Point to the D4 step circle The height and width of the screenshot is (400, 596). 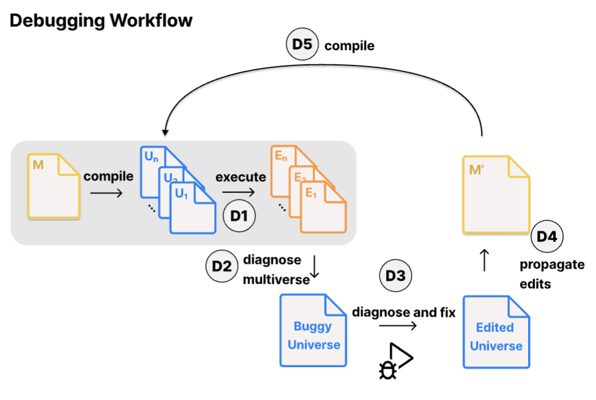click(547, 237)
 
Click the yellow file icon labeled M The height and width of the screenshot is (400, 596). click(53, 187)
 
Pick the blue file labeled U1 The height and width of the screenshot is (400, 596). click(193, 210)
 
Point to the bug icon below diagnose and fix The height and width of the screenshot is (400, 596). click(387, 369)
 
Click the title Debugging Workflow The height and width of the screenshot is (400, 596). click(101, 21)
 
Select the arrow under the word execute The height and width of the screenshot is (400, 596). click(238, 192)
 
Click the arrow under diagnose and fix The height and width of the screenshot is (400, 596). click(398, 326)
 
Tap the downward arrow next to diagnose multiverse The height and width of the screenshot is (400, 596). click(315, 267)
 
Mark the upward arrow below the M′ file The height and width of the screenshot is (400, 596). click(485, 259)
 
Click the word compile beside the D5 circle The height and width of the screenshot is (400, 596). click(349, 46)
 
